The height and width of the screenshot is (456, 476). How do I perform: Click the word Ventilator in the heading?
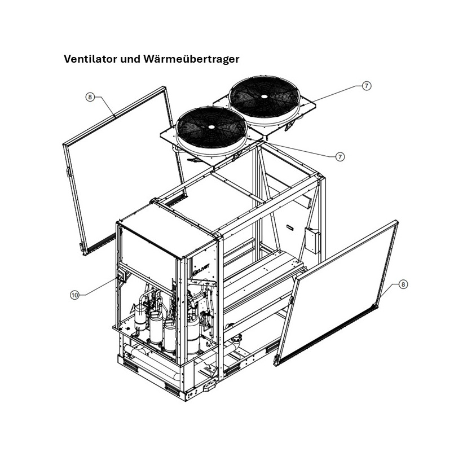coord(90,59)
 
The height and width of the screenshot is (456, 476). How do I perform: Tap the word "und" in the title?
coord(129,59)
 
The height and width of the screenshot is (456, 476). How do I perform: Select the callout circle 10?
coord(74,295)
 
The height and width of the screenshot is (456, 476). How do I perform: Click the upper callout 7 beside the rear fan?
coord(367,86)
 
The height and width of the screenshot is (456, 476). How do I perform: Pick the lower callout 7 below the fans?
coord(340,157)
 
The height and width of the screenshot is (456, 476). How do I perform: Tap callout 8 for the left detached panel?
coord(90,97)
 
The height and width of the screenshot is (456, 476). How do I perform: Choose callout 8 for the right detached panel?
coord(403,284)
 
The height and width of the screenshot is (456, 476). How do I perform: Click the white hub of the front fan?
coord(210,127)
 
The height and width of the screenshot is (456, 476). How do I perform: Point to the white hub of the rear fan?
coord(264,96)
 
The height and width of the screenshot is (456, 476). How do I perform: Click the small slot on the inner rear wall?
coord(290,227)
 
